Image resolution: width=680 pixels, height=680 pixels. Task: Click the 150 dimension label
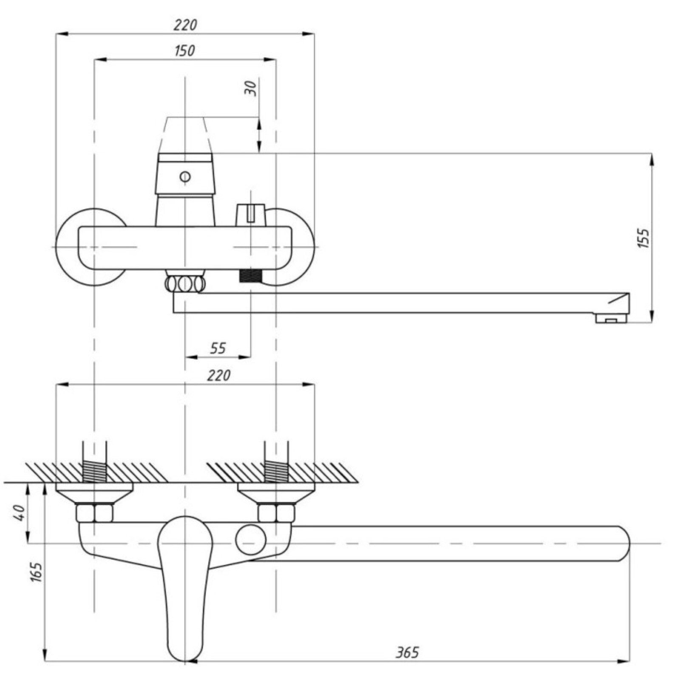pos(185,51)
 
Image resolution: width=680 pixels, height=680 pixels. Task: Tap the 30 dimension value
pos(251,88)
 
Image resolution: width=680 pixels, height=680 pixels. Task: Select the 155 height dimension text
pos(644,238)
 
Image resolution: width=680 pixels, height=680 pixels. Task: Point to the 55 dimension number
pos(218,348)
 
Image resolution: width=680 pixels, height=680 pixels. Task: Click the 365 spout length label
pos(407,652)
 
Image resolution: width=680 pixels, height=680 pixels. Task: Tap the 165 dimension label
pos(37,572)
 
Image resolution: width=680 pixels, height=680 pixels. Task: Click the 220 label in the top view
pos(185,25)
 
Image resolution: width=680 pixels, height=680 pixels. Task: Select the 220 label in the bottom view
pos(218,375)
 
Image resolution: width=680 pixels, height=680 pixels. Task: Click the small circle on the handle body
pos(185,176)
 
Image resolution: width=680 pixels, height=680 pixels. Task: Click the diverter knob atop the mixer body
pos(250,215)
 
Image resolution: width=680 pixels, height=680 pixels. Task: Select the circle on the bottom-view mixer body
pos(251,539)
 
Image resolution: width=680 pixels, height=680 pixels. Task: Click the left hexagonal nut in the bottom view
pos(94,513)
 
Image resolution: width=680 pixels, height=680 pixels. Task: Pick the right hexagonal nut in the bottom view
pos(276,513)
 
